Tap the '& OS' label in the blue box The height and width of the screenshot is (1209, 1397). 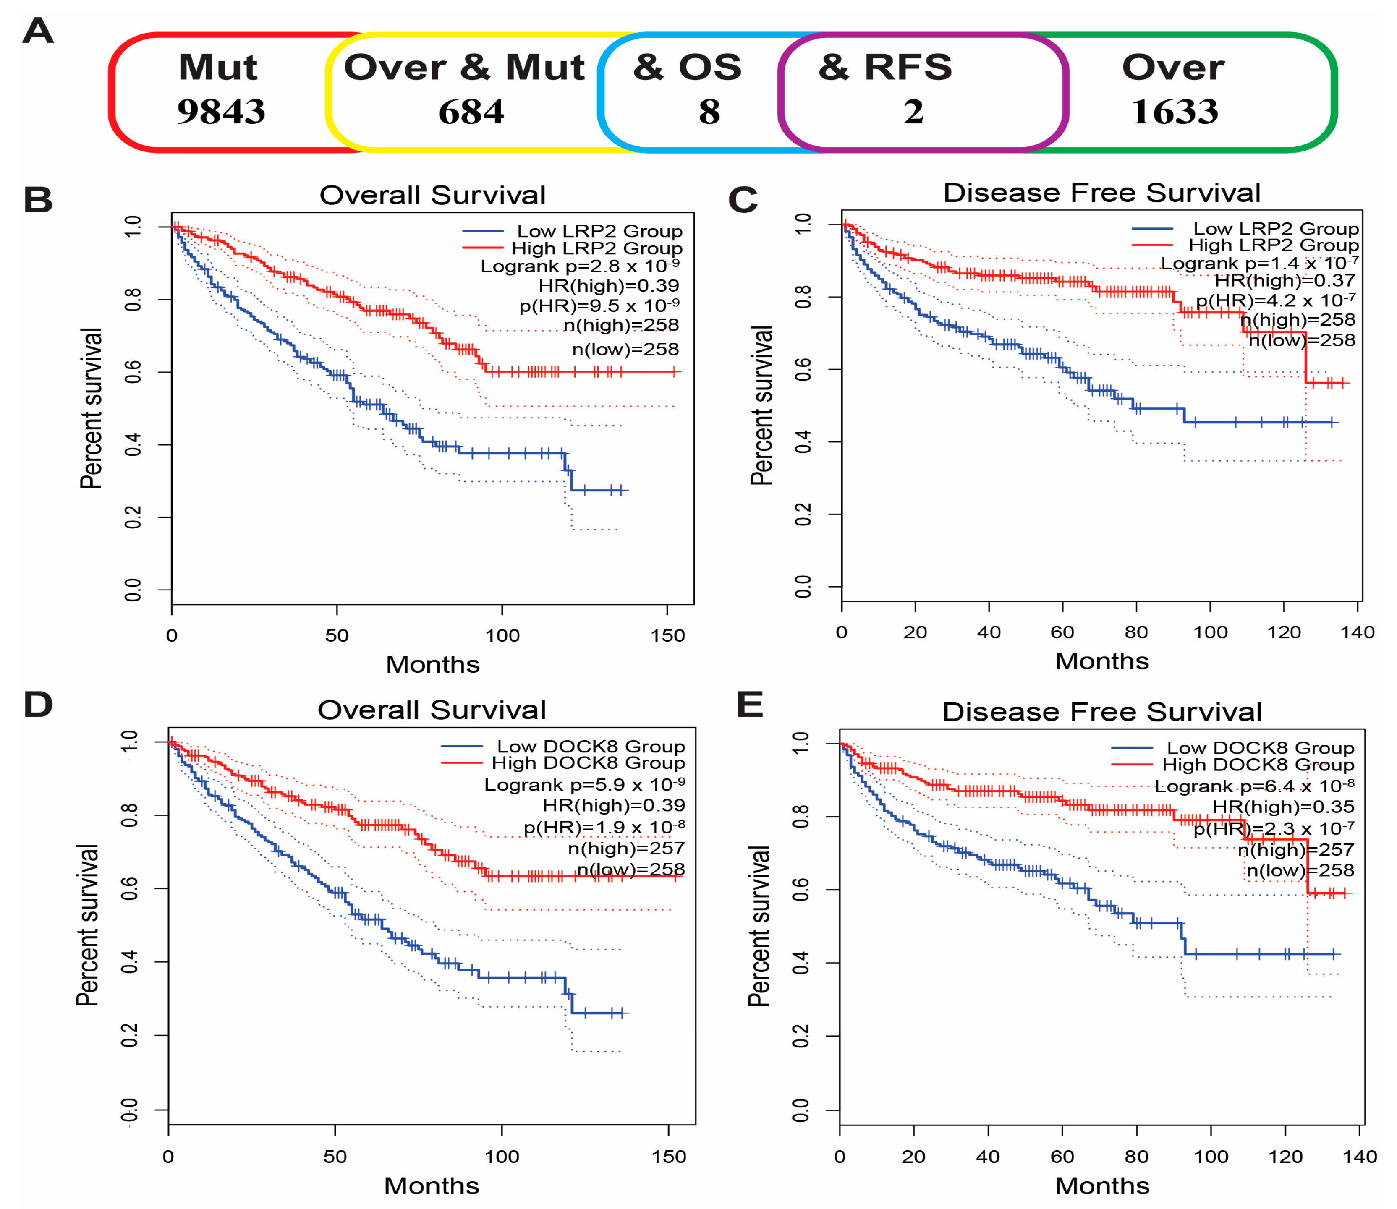687,68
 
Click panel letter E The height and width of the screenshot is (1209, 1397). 750,705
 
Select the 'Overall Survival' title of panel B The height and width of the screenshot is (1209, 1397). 432,195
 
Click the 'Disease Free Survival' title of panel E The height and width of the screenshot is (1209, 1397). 1101,713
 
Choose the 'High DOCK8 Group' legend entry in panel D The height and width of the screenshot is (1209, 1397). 588,763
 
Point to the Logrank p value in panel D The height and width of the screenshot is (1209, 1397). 584,785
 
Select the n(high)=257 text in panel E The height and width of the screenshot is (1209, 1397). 1296,849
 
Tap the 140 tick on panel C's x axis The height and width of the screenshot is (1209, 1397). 1357,632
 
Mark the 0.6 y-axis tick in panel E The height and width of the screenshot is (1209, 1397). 801,890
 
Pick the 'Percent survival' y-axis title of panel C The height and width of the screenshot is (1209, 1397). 761,405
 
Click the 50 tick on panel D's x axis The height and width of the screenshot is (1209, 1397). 335,1157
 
